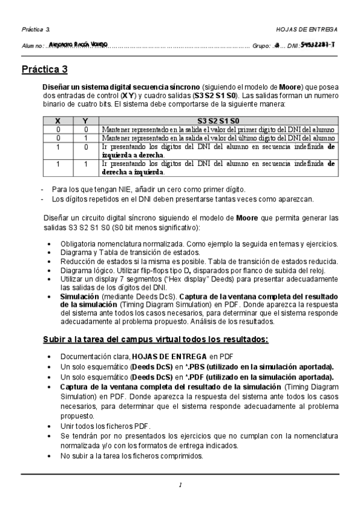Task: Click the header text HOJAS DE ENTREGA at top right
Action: click(x=307, y=29)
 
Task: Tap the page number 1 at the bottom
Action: click(x=180, y=485)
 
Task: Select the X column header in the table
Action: click(x=58, y=121)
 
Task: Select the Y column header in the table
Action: click(x=86, y=121)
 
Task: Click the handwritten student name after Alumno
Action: click(x=77, y=45)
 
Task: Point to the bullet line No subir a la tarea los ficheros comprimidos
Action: click(x=132, y=456)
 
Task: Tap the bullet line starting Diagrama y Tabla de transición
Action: click(x=124, y=253)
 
